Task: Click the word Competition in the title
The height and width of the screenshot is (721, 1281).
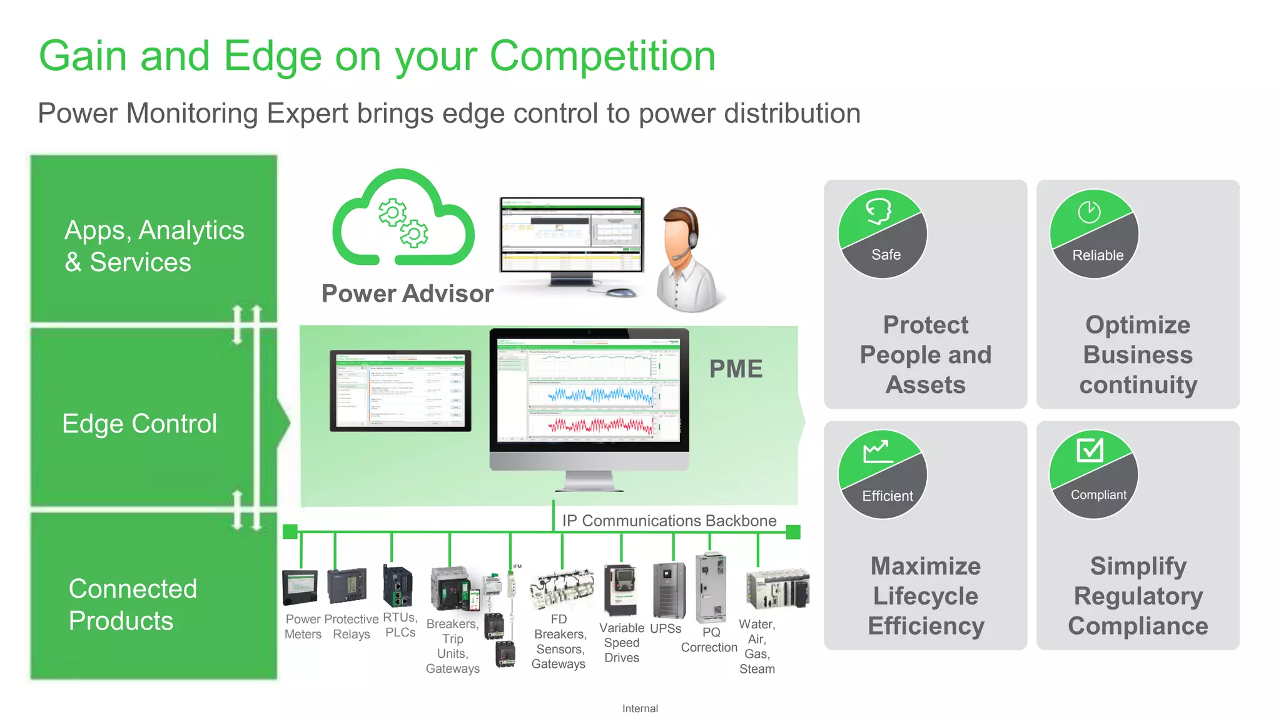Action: (602, 56)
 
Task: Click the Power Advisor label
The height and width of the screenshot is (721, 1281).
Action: (407, 294)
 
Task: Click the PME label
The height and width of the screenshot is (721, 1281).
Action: (736, 369)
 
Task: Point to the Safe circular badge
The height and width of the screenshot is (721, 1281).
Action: (883, 234)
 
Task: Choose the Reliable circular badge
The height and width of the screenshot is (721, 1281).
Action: (1094, 234)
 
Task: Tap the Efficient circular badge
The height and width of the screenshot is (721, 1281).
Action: (883, 474)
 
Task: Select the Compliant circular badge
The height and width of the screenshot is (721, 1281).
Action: (1094, 474)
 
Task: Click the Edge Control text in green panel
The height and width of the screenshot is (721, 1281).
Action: (139, 424)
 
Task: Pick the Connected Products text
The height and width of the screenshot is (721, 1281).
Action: (133, 605)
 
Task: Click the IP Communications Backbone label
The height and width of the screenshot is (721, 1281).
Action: (669, 521)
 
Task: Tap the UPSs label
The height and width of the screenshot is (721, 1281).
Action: (666, 628)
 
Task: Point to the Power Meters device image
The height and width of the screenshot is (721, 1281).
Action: (300, 587)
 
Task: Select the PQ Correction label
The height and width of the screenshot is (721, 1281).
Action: (709, 640)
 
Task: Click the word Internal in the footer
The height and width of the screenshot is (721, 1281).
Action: (640, 708)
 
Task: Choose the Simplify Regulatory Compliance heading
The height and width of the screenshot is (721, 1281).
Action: (1138, 596)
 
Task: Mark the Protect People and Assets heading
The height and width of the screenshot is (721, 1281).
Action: (926, 355)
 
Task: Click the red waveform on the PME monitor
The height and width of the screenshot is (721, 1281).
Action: (600, 426)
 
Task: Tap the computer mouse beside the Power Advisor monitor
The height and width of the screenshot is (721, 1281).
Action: (620, 292)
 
